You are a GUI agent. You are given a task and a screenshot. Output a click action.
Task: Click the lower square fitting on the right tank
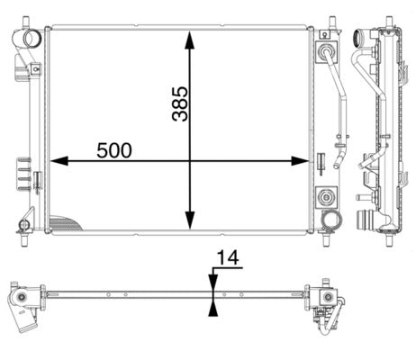point(325,195)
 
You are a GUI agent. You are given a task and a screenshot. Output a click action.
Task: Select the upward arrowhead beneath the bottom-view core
point(213,307)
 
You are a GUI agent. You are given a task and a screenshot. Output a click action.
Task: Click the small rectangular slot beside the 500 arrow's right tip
point(320,163)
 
